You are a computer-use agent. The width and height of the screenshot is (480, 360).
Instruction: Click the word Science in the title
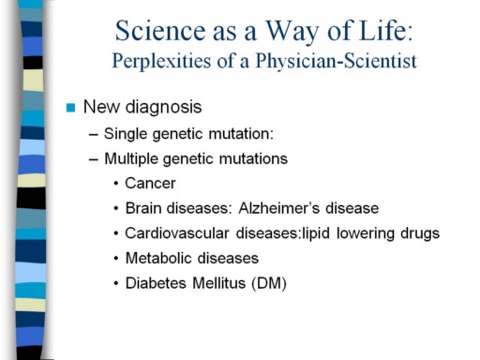[160, 31]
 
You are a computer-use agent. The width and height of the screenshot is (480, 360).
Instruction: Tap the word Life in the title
[385, 30]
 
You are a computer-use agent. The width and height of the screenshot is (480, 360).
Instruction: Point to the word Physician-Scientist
[337, 61]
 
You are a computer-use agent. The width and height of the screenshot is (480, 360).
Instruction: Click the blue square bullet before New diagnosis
[71, 108]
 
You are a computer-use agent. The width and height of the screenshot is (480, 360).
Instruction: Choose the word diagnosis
[163, 108]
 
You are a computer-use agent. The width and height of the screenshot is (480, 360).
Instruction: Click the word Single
[126, 134]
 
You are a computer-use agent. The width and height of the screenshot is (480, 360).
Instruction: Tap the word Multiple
[131, 159]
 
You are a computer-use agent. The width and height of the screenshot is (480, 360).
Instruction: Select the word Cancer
[150, 183]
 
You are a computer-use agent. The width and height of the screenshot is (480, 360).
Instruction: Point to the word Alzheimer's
[278, 208]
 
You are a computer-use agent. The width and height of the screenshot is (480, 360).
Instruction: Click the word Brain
[143, 208]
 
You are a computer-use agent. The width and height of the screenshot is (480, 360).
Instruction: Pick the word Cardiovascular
[177, 233]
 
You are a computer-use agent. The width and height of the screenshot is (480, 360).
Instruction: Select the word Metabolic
[158, 258]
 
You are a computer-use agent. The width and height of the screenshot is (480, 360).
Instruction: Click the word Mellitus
[219, 283]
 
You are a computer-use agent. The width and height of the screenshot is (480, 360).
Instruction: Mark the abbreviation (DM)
[269, 283]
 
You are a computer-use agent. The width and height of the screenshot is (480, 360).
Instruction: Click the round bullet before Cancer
[116, 184]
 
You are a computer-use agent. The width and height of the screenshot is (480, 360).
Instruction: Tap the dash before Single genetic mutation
[94, 135]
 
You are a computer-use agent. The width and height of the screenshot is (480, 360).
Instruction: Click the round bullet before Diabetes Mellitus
[116, 283]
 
